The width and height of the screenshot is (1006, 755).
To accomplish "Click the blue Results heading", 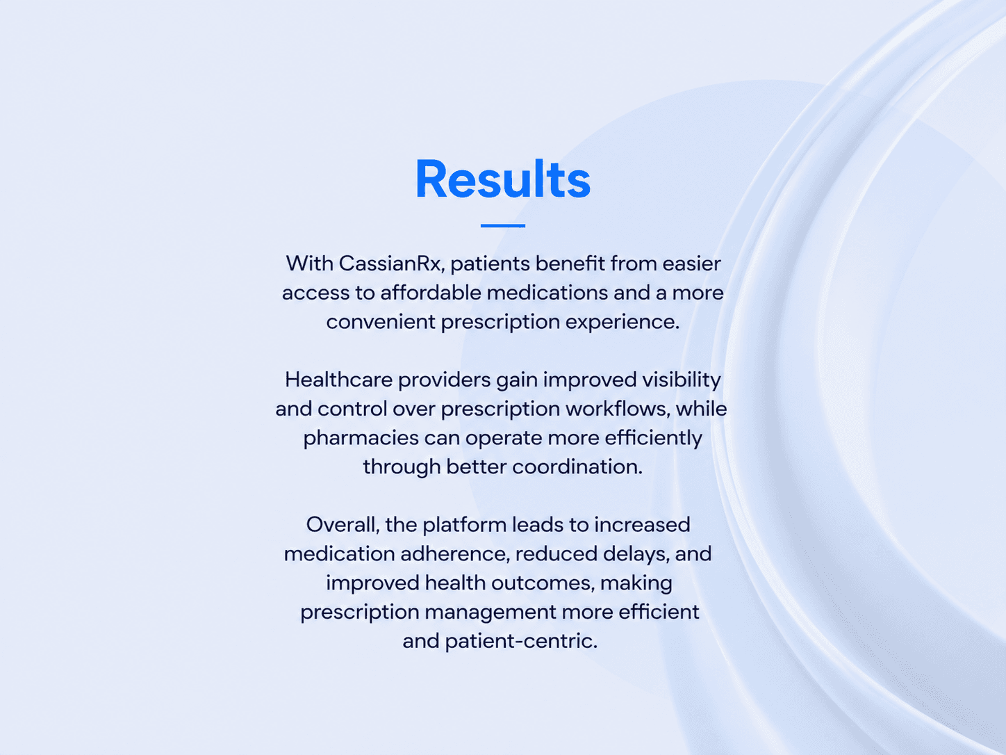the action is tap(503, 179).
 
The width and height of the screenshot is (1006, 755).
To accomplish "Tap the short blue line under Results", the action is tap(503, 225).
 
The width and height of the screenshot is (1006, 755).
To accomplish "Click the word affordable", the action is tap(431, 293).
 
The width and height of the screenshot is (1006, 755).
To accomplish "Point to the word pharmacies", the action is tap(361, 438).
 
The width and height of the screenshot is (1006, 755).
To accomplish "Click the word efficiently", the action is tap(653, 438).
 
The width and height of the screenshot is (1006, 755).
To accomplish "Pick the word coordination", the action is tap(577, 466).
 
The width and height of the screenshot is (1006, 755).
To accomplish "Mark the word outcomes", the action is tap(543, 583).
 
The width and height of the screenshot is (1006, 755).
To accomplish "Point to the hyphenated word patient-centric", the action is tap(521, 641).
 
